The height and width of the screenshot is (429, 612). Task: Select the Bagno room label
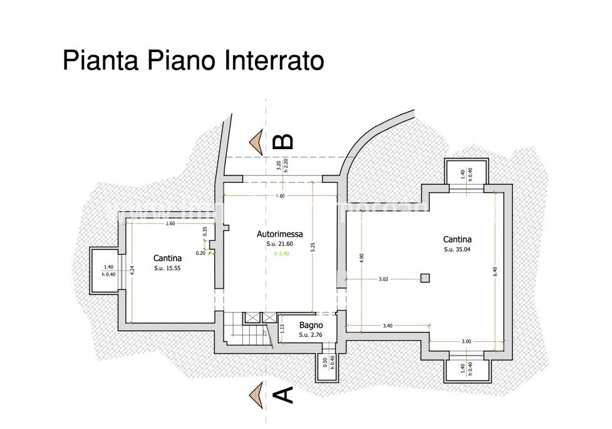311,325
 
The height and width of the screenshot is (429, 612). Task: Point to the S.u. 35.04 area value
457,249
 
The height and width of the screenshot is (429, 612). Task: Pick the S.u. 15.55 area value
168,268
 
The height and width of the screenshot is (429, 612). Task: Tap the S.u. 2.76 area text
311,335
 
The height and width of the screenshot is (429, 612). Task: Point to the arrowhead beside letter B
256,142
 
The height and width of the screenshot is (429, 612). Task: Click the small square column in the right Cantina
425,277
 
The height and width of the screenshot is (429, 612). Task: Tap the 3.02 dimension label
384,280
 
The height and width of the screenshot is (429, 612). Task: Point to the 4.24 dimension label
132,271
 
